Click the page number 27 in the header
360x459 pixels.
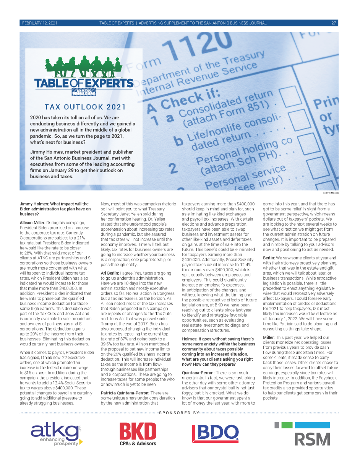point(333,23)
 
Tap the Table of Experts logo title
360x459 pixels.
point(84,83)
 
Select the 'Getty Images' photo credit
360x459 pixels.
point(330,193)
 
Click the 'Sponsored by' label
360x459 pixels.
point(180,413)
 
